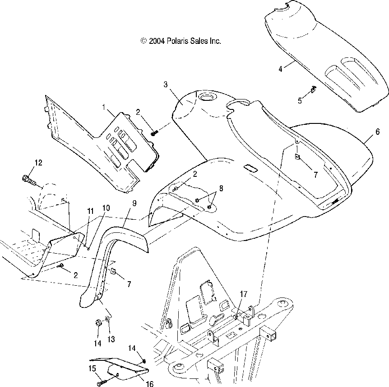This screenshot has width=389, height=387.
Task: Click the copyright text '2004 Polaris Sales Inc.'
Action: [181, 41]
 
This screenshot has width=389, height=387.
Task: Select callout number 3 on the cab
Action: [166, 84]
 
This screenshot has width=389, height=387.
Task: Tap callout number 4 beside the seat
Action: [280, 69]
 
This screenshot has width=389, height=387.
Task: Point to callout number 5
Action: [300, 101]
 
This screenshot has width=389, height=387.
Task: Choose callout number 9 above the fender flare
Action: [134, 203]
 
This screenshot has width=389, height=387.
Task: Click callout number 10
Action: [106, 208]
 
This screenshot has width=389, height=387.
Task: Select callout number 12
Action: [38, 163]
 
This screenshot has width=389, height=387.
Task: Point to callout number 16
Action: [149, 384]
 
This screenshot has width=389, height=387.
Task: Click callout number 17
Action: [243, 294]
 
